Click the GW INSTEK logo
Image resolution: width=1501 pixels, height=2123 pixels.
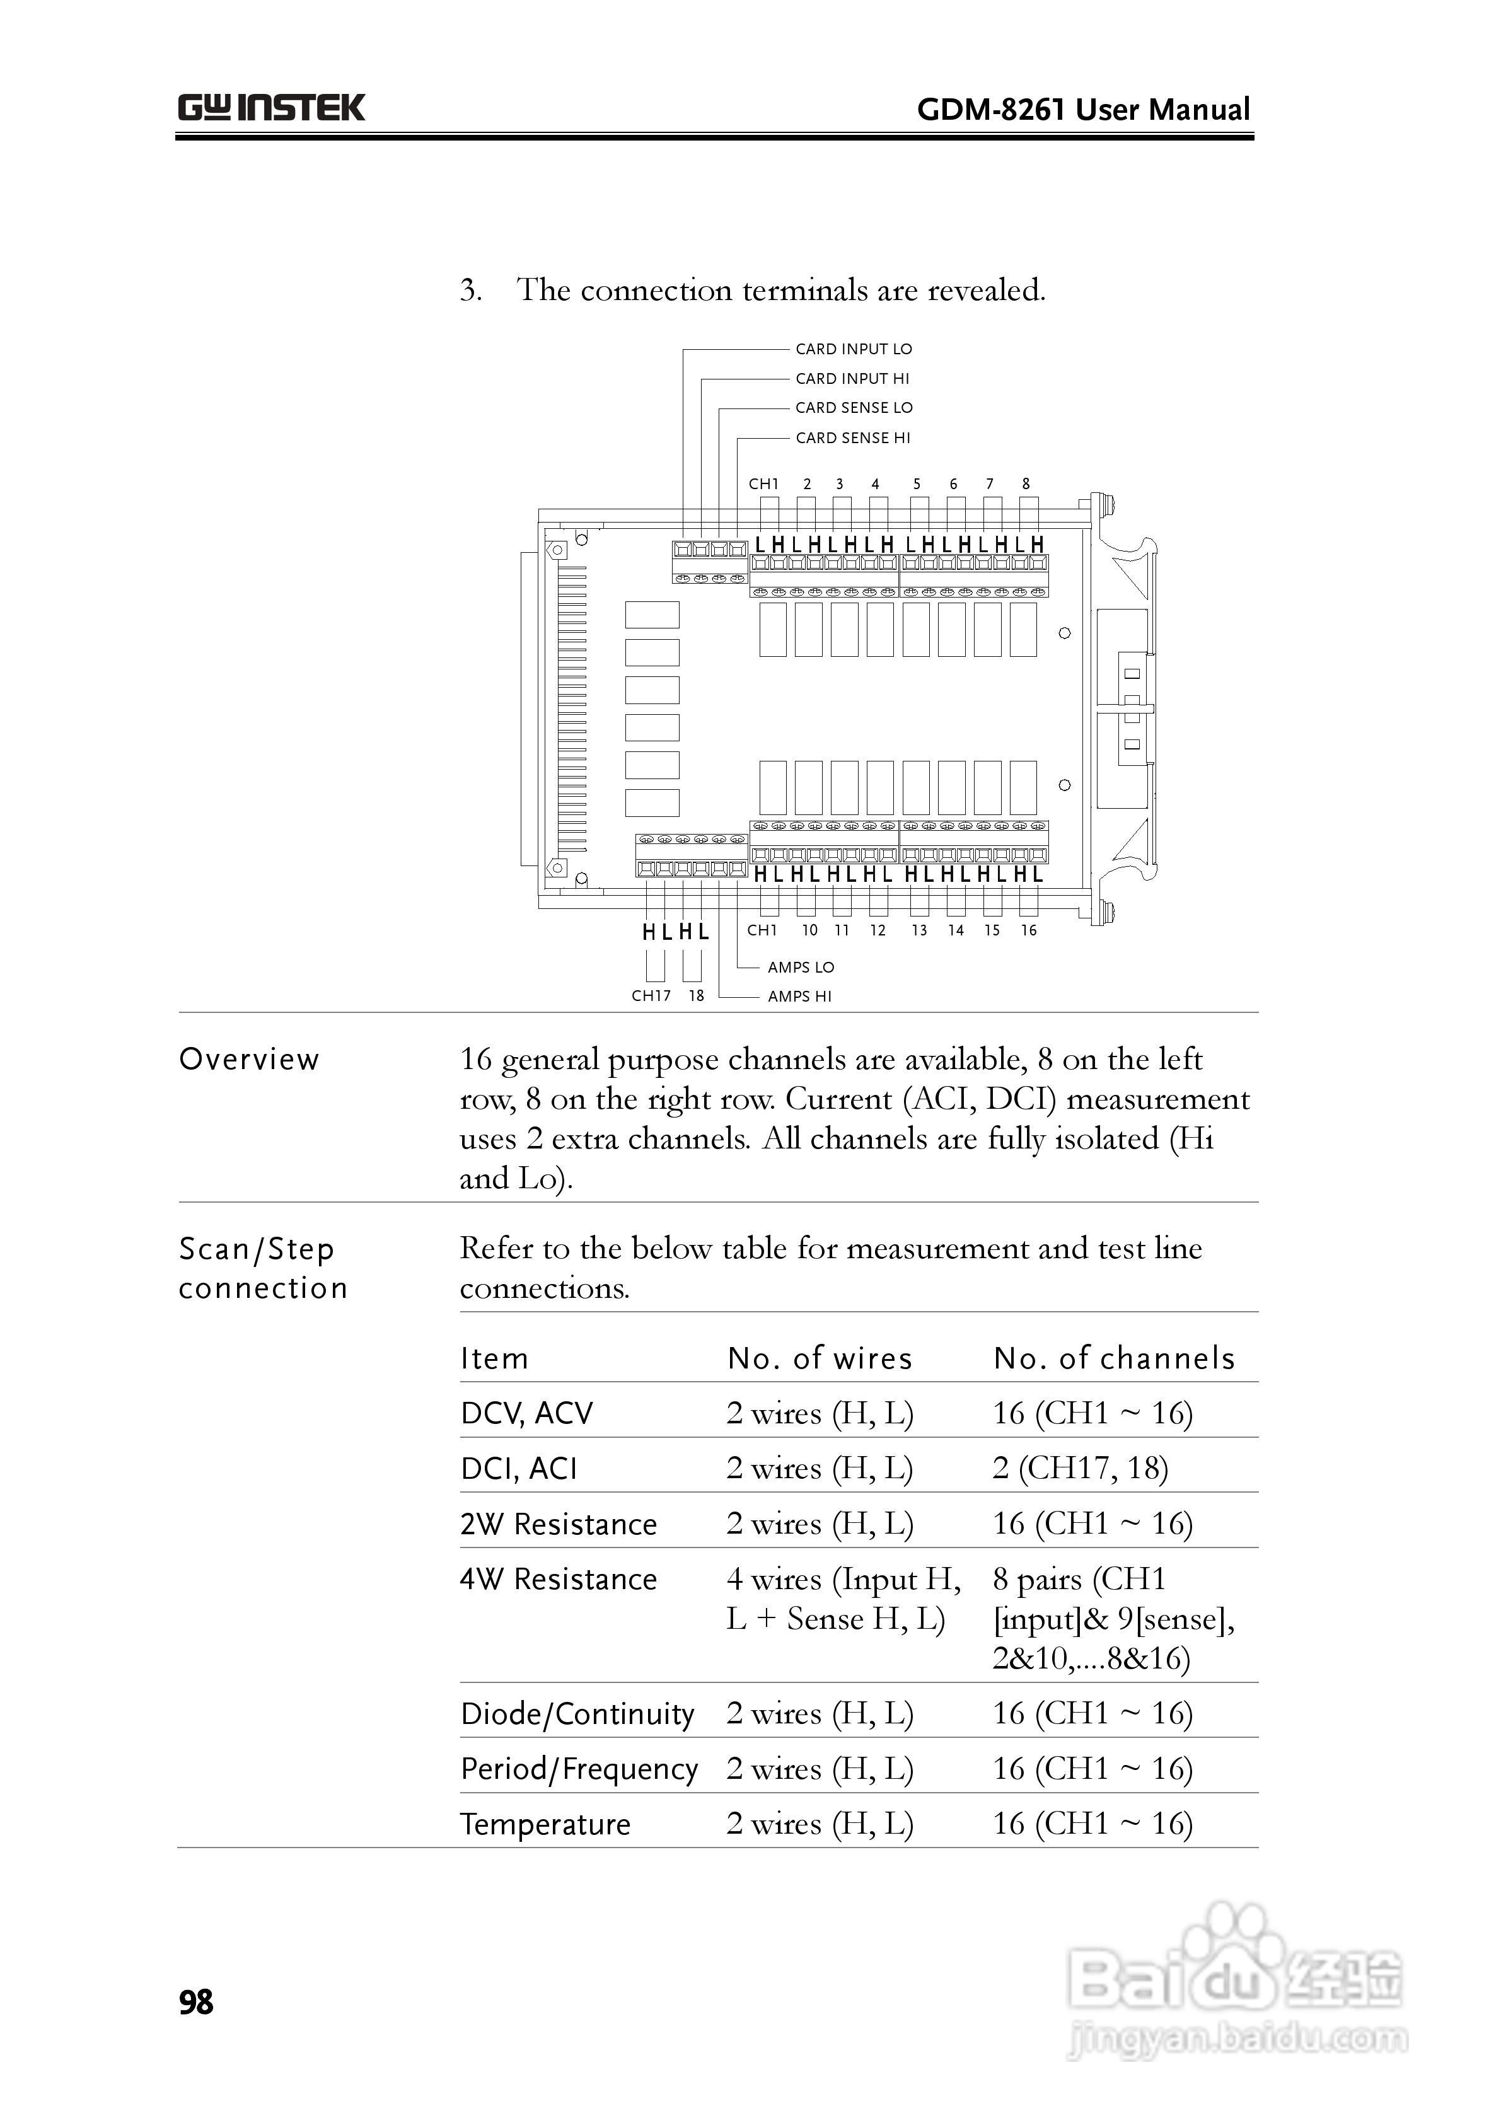(x=271, y=108)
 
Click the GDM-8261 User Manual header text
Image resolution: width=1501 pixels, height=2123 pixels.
(x=1083, y=110)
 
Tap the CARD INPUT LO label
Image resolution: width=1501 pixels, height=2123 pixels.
(x=853, y=349)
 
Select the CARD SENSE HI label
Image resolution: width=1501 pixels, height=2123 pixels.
(x=853, y=438)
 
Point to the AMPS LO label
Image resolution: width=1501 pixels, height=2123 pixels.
(x=800, y=967)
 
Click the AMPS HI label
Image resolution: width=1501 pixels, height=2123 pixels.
(x=799, y=997)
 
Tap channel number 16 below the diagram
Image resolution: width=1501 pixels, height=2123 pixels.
(x=1028, y=931)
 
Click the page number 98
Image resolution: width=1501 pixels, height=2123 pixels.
(x=196, y=2003)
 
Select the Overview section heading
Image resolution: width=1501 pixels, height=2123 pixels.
(x=249, y=1060)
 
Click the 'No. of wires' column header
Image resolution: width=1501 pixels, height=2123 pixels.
(x=820, y=1358)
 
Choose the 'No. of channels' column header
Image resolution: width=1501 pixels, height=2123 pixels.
(x=1113, y=1358)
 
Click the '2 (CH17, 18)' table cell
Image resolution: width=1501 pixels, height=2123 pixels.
(x=1080, y=1468)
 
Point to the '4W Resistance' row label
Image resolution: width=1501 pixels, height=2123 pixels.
(x=559, y=1579)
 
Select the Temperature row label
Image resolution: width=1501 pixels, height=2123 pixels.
(x=546, y=1824)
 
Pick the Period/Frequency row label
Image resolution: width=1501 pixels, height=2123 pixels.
(x=579, y=1769)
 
